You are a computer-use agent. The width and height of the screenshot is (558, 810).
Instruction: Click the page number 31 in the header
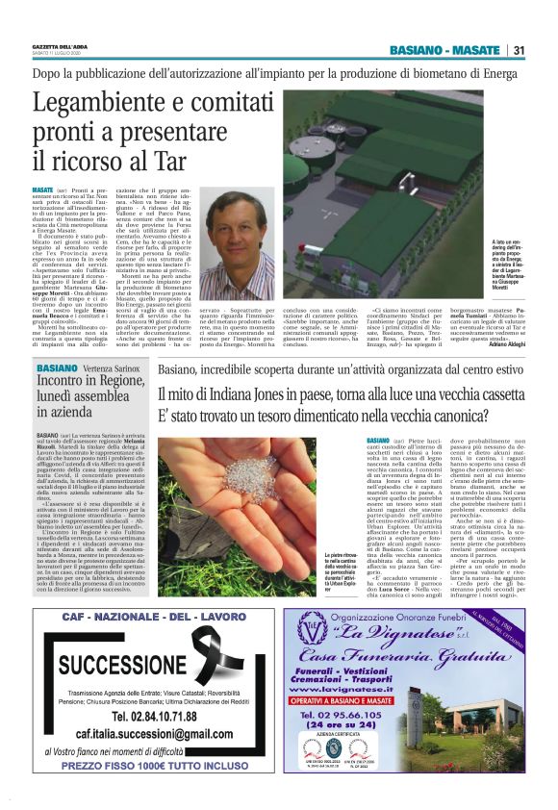point(519,50)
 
